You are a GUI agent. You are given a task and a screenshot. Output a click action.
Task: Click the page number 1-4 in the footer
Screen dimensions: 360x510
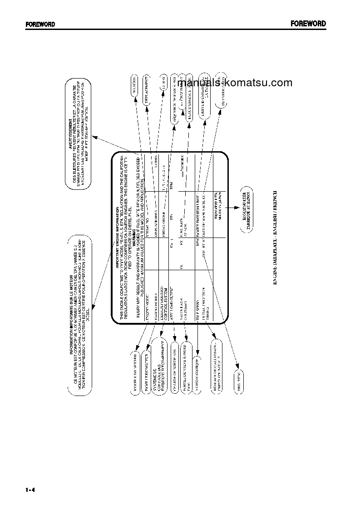point(30,490)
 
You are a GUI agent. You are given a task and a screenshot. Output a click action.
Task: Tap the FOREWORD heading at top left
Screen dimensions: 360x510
point(40,24)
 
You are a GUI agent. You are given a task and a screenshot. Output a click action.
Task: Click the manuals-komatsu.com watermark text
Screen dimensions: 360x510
point(239,83)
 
